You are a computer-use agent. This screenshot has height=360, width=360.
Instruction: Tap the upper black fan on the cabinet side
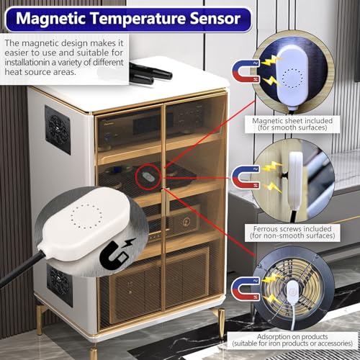(x=57, y=130)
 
